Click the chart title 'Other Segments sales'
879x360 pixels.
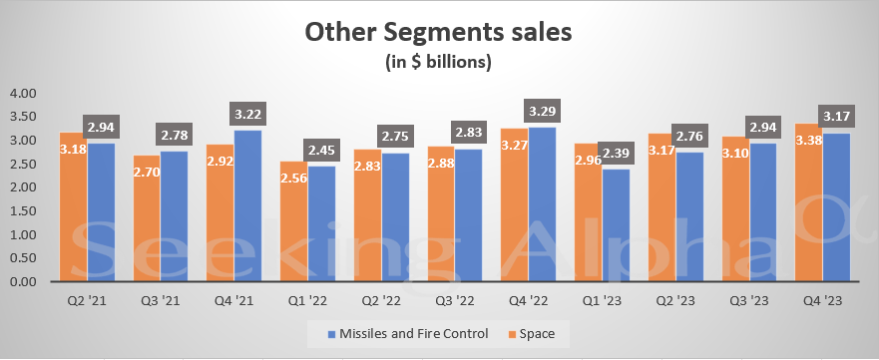point(439,32)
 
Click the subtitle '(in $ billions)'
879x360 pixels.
point(439,63)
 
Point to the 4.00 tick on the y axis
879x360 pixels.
point(22,93)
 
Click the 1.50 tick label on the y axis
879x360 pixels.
point(22,210)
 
